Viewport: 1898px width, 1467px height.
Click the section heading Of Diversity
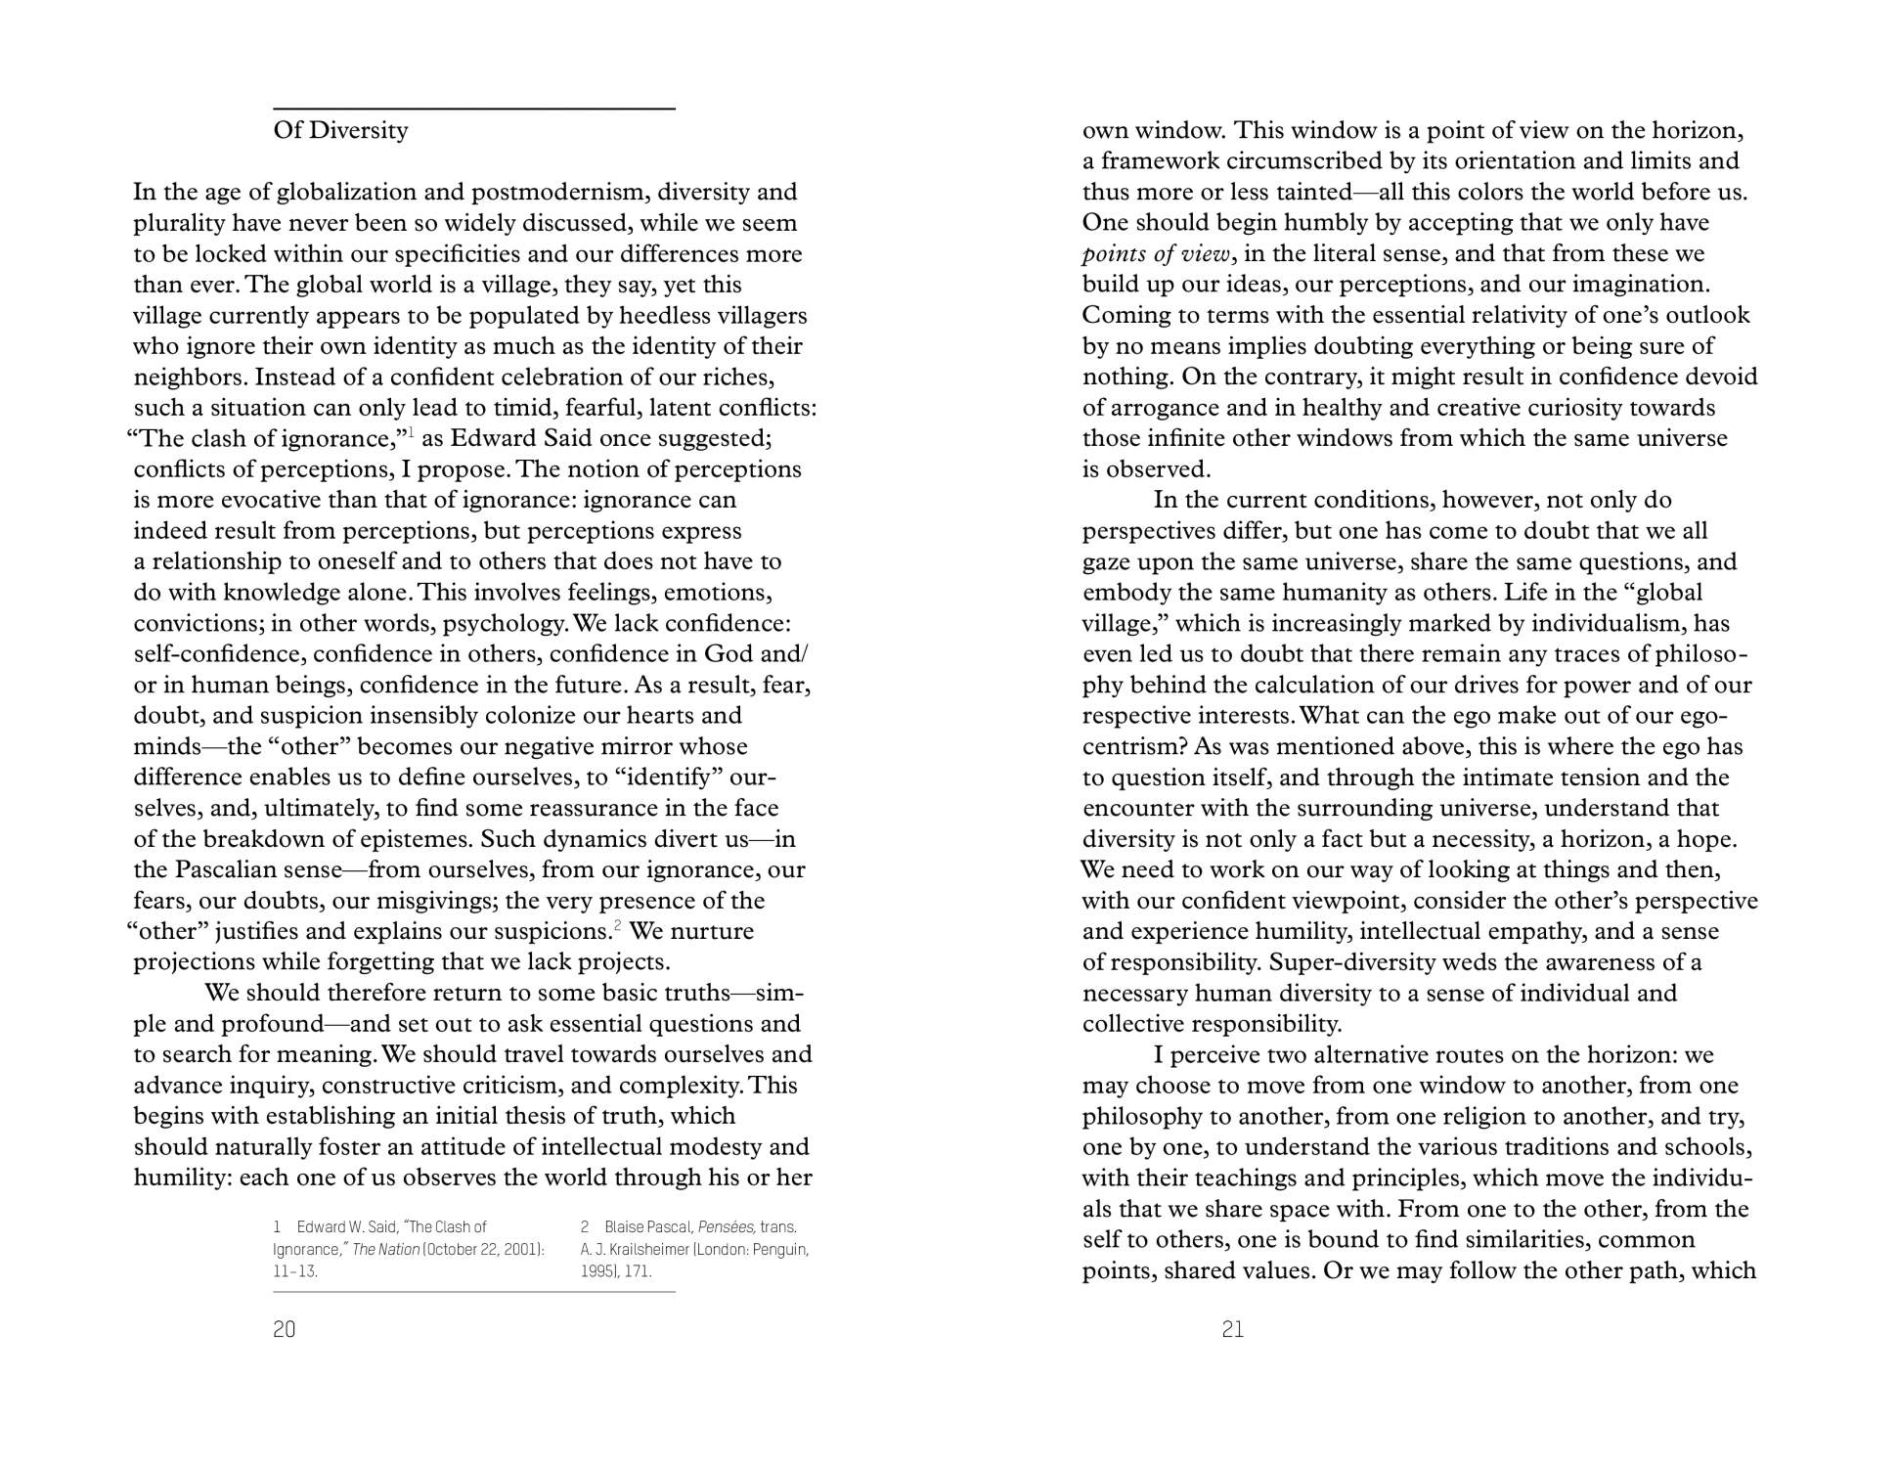(x=340, y=130)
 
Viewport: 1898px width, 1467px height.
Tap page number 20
(x=284, y=1328)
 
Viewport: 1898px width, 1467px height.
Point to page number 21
(x=1232, y=1328)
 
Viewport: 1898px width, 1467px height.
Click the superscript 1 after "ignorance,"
(x=411, y=432)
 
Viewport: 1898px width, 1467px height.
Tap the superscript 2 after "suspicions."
(x=617, y=925)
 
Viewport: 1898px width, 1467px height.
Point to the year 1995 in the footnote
(x=596, y=1271)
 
